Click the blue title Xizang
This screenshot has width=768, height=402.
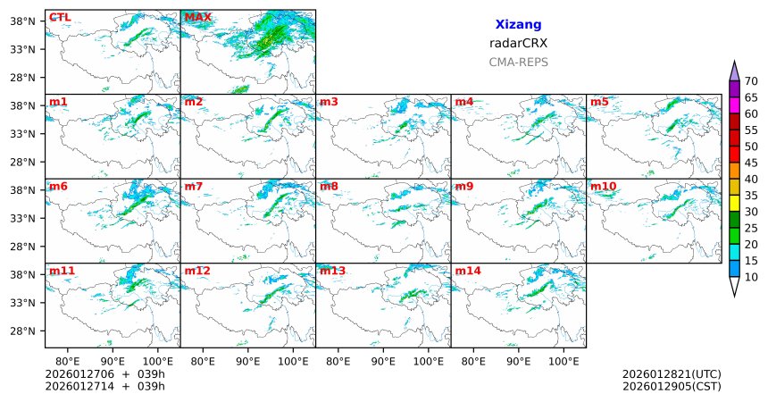(x=518, y=25)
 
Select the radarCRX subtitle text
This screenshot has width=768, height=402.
(x=518, y=43)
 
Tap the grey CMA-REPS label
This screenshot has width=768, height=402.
(x=518, y=63)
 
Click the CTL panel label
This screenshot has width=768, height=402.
(x=60, y=17)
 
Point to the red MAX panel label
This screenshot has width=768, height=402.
(x=198, y=17)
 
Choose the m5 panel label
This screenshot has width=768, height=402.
(x=599, y=102)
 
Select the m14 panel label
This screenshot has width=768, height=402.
(x=468, y=270)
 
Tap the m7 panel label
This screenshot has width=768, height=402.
(x=194, y=186)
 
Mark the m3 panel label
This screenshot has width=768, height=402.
(x=329, y=102)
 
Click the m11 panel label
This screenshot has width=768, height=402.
(x=62, y=270)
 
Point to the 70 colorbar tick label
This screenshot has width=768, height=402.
(x=751, y=81)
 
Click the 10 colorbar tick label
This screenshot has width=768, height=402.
(x=751, y=278)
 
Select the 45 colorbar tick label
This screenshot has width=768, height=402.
(x=751, y=163)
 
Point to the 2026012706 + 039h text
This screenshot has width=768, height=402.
(x=105, y=373)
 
